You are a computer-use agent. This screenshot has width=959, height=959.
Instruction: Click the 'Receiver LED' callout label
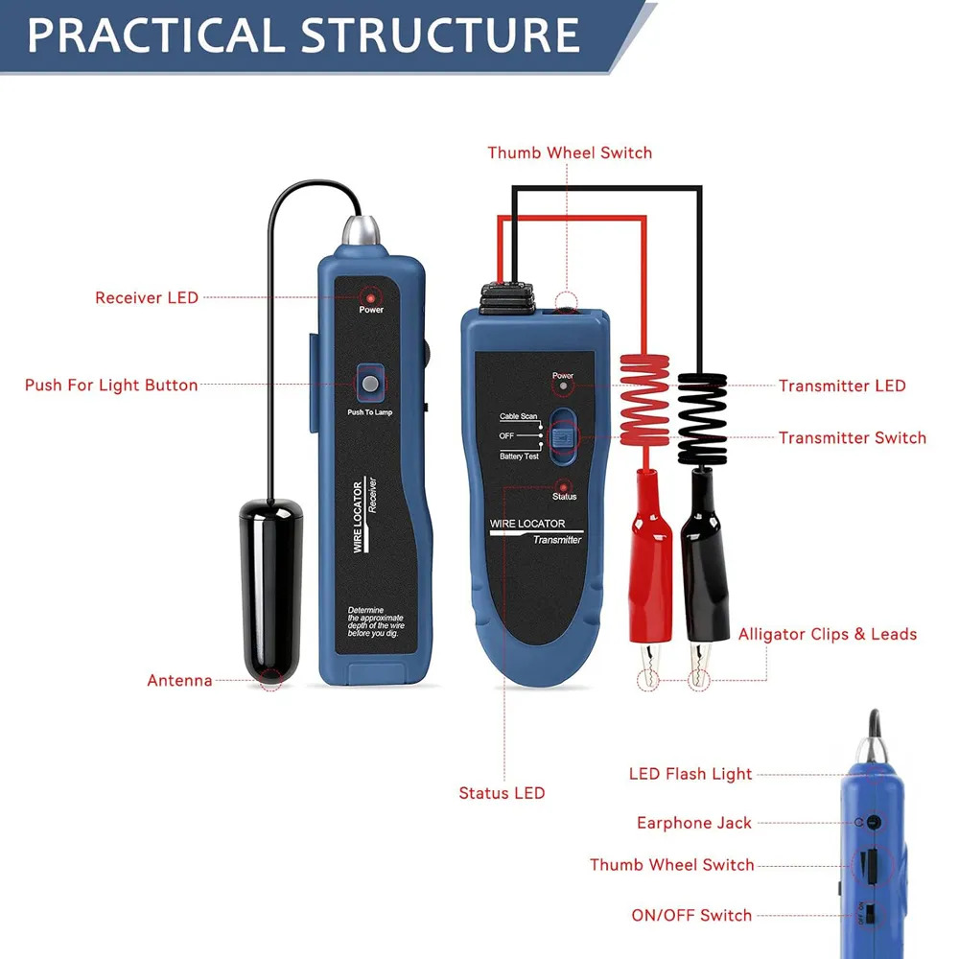(147, 298)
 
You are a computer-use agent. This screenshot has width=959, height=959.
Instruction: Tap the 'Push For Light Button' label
(111, 386)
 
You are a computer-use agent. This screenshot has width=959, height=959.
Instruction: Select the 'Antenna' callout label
(179, 681)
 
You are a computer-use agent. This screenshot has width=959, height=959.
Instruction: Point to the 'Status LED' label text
(502, 793)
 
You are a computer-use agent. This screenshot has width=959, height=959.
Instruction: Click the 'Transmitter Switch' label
(852, 438)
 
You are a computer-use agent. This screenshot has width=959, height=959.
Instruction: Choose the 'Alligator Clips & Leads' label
(827, 635)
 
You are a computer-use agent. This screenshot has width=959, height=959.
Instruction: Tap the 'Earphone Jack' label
(694, 823)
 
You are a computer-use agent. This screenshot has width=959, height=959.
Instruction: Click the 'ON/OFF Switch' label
(691, 916)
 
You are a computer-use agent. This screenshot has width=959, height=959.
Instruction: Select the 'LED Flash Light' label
(690, 774)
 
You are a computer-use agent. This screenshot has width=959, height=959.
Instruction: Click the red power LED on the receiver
(370, 297)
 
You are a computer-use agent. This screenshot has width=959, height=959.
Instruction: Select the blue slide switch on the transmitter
(563, 435)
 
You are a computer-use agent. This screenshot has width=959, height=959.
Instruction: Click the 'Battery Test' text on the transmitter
(519, 456)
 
